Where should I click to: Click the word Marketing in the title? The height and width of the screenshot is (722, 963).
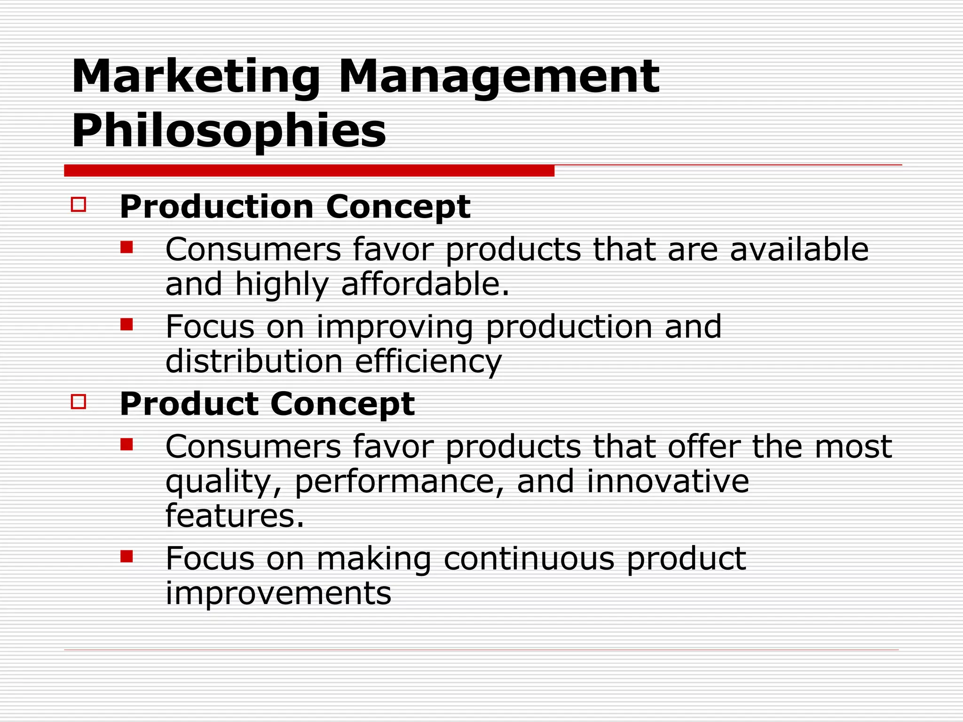coord(196,77)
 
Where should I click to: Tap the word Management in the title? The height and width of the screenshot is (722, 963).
coord(498,77)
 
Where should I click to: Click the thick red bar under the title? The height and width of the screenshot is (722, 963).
coord(309,171)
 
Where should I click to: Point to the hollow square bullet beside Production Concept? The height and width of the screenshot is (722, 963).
coord(79,205)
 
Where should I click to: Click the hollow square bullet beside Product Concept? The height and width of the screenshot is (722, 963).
coord(79,402)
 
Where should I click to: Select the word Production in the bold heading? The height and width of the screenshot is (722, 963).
coord(217,206)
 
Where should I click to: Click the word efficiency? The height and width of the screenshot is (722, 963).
coord(428,362)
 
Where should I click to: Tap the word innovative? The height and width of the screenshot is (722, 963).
coord(668,481)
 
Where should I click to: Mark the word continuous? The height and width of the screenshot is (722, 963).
coord(529,558)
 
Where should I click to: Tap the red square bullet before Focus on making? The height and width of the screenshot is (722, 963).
coord(126,557)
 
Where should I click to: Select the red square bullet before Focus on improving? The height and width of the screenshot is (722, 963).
coord(126,324)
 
